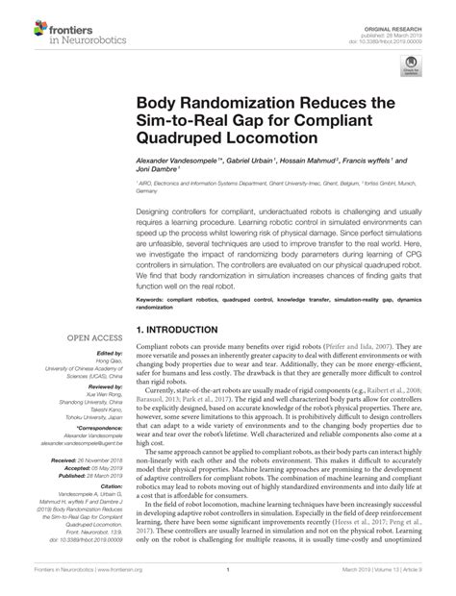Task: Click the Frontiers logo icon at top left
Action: point(20,21)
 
